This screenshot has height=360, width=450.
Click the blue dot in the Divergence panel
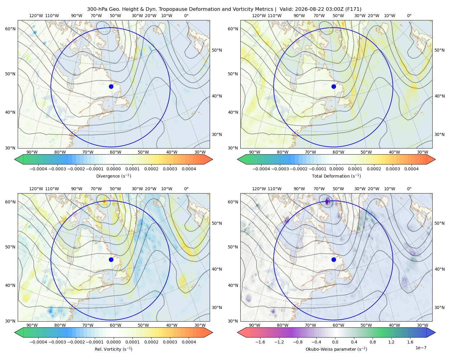click(x=111, y=86)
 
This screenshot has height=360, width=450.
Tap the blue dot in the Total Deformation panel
click(x=334, y=86)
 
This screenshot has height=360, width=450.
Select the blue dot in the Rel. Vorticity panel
click(x=111, y=259)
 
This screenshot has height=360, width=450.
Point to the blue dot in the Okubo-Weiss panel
click(x=334, y=259)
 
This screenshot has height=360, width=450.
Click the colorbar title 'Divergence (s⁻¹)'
click(x=113, y=176)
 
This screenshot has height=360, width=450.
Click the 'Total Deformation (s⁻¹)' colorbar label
click(x=336, y=176)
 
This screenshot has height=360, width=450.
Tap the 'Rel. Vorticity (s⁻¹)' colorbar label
click(x=113, y=349)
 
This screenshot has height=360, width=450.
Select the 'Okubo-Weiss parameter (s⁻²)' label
click(x=336, y=349)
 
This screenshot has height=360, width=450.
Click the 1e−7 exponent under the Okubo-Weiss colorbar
click(x=421, y=348)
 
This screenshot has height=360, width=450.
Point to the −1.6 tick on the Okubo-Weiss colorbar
click(x=260, y=342)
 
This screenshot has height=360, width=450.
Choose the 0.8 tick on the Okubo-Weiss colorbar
click(x=373, y=342)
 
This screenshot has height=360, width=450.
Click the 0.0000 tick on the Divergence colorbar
click(x=113, y=169)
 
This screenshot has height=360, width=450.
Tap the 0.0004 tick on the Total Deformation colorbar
click(x=411, y=169)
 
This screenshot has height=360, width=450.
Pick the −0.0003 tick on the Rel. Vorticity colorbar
click(x=57, y=342)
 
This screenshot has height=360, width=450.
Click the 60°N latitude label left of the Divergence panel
click(x=10, y=29)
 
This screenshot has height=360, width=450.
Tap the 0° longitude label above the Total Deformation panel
click(x=409, y=16)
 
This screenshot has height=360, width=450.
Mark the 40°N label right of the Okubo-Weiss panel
click(x=439, y=269)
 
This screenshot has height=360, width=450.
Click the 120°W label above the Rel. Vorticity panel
click(x=36, y=188)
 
